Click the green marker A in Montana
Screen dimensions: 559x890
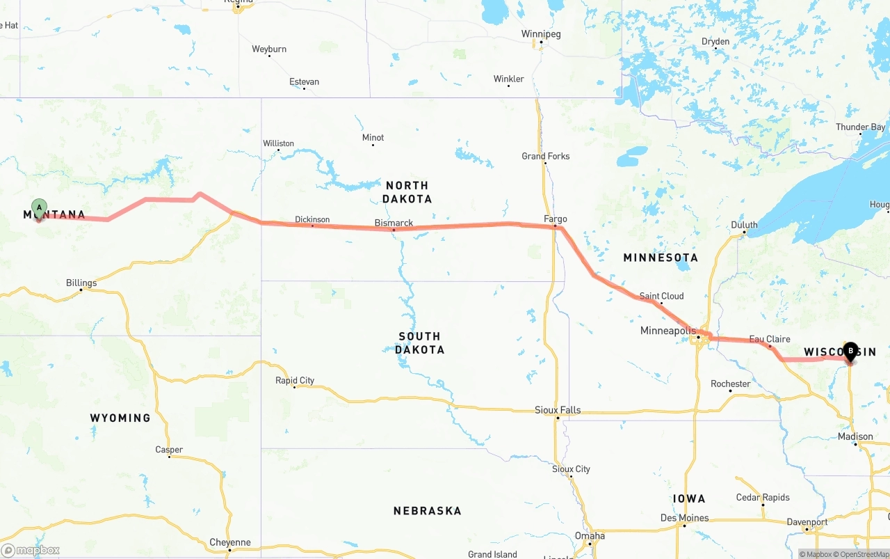pyautogui.click(x=40, y=208)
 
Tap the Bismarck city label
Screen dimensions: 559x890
pyautogui.click(x=394, y=223)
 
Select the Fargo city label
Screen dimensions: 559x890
pyautogui.click(x=556, y=219)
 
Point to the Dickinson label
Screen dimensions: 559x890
pyautogui.click(x=312, y=219)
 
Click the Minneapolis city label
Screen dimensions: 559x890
pyautogui.click(x=667, y=331)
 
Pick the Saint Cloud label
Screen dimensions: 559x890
pyautogui.click(x=661, y=296)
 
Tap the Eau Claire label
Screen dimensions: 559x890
pyautogui.click(x=770, y=339)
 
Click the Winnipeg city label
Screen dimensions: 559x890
pyautogui.click(x=541, y=34)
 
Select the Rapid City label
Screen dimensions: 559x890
pyautogui.click(x=295, y=380)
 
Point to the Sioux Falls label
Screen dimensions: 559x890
pyautogui.click(x=558, y=410)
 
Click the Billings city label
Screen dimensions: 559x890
pyautogui.click(x=81, y=283)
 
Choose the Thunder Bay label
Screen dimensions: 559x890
pyautogui.click(x=861, y=127)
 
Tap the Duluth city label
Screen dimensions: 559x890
pyautogui.click(x=744, y=225)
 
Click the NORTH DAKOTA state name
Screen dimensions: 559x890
pyautogui.click(x=407, y=192)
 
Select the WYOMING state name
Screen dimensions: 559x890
pyautogui.click(x=120, y=418)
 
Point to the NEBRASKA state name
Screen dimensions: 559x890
pyautogui.click(x=427, y=511)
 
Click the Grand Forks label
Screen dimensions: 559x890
pyautogui.click(x=546, y=156)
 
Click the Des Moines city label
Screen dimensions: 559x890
pyautogui.click(x=685, y=518)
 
